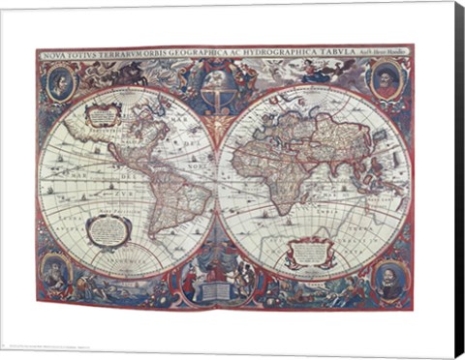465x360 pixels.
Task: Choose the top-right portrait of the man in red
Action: coord(387,79)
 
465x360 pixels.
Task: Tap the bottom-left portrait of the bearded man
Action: coord(56,273)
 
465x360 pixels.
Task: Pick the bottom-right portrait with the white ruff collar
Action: coord(388,279)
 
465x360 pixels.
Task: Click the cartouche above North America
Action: coord(102,115)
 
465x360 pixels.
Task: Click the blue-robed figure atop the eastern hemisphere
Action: coord(312,68)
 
